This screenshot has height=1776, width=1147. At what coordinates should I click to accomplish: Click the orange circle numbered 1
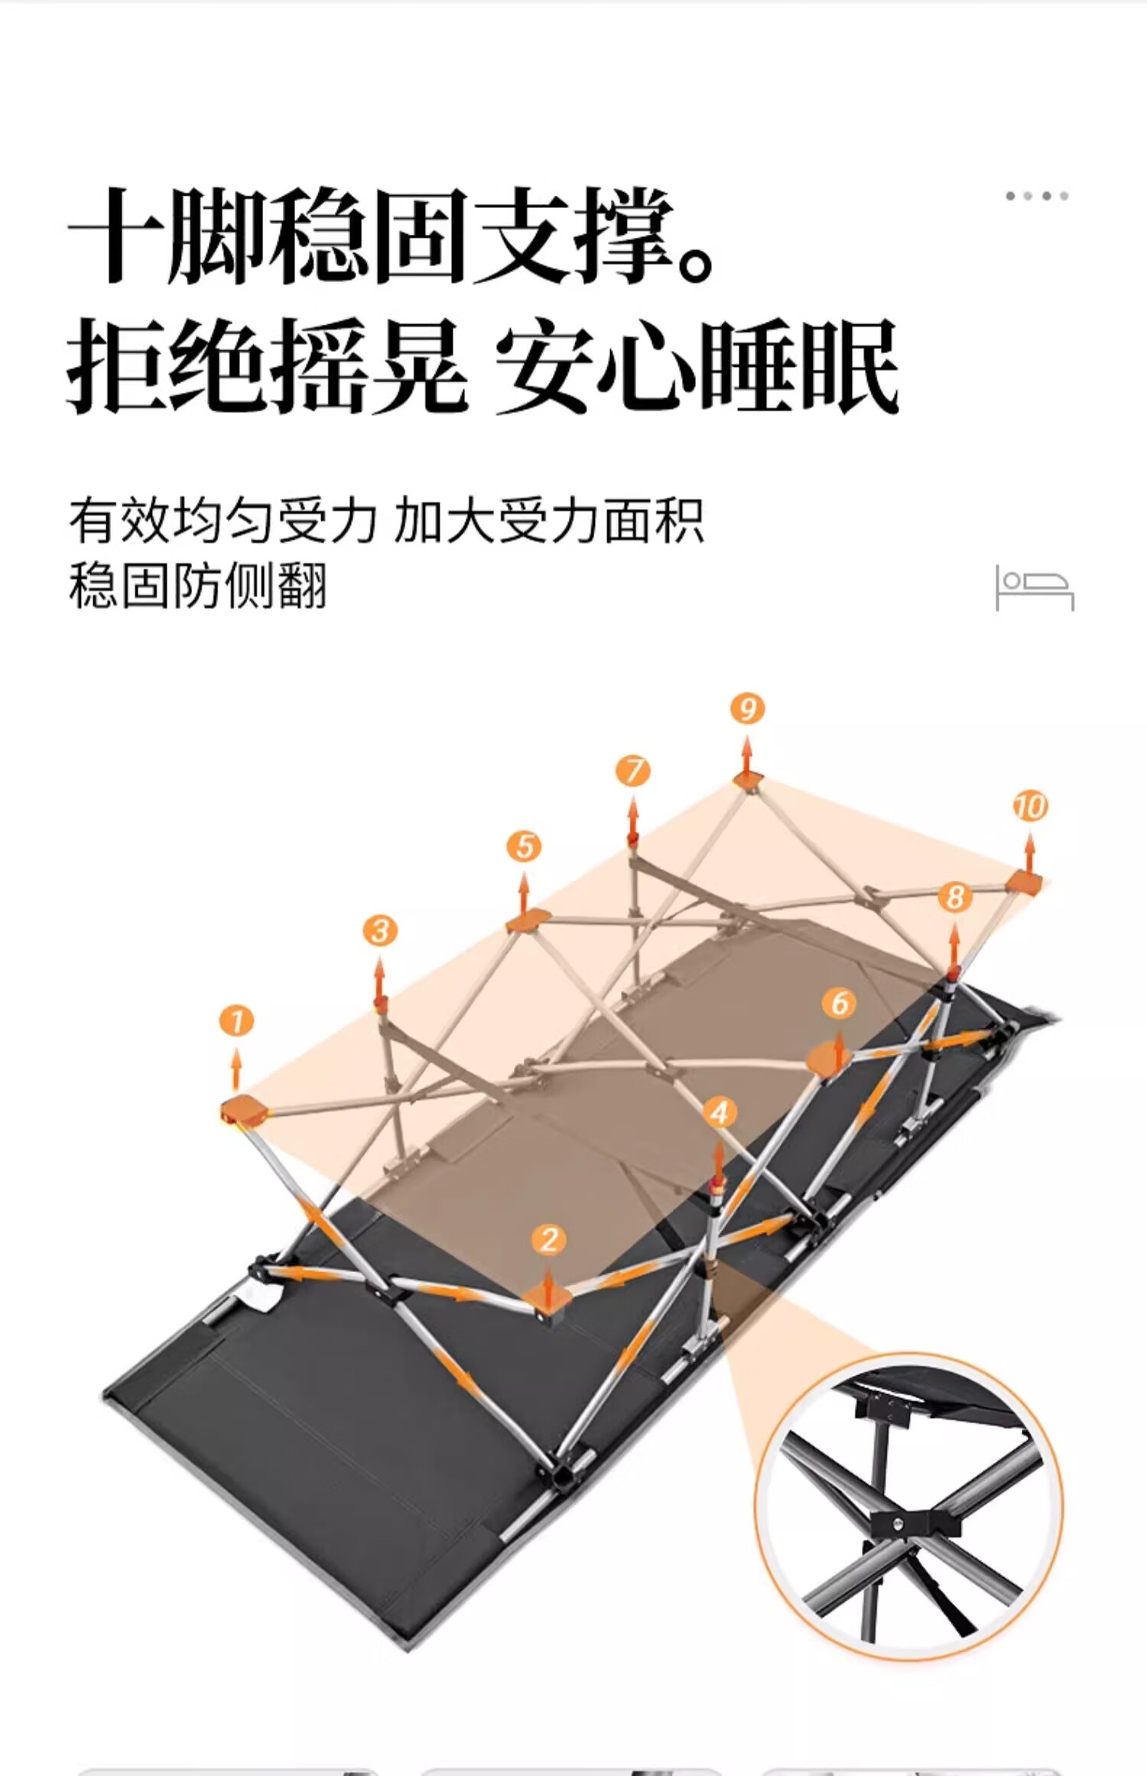click(236, 1021)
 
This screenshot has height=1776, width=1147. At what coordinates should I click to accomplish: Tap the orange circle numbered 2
click(549, 1240)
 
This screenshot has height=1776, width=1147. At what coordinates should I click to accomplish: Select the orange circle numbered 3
click(380, 931)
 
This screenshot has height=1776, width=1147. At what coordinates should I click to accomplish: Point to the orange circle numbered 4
click(719, 1113)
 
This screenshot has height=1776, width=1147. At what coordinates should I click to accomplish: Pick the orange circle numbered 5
click(524, 847)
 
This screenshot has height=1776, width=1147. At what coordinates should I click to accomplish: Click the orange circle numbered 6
click(839, 1003)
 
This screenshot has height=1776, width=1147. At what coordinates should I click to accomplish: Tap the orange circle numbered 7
click(633, 771)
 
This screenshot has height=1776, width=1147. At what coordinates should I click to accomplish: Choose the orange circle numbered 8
click(954, 897)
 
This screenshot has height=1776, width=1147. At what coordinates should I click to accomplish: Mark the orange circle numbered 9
click(747, 709)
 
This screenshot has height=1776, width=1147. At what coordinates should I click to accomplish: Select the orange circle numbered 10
click(1030, 806)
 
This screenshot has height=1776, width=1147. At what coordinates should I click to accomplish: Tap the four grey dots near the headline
click(1037, 196)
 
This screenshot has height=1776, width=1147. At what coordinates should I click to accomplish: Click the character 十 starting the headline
click(115, 236)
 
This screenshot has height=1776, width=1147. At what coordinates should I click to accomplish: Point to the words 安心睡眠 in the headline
click(696, 367)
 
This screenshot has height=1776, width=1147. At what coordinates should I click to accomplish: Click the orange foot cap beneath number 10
click(1024, 883)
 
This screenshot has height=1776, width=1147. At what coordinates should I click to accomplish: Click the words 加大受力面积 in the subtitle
click(549, 521)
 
